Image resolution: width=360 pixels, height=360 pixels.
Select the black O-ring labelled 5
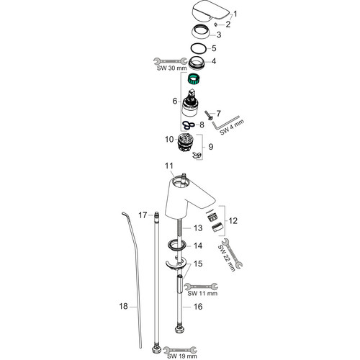(198, 48)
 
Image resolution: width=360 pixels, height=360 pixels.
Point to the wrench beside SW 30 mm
(170, 61)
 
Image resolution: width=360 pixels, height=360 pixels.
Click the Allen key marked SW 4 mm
(225, 123)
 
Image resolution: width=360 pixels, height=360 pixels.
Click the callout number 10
(169, 139)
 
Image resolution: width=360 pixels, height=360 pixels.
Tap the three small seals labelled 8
(189, 125)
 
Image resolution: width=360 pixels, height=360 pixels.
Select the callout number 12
(233, 220)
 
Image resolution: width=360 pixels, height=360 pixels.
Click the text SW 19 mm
(182, 356)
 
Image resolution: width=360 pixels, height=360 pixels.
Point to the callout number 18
(124, 306)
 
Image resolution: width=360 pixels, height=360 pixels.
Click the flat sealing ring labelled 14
(177, 246)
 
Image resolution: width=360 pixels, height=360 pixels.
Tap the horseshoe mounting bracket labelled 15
(176, 264)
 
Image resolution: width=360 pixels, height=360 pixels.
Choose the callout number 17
(143, 215)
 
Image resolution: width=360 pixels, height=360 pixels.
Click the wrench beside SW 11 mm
(201, 287)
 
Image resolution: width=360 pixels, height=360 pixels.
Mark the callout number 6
(175, 101)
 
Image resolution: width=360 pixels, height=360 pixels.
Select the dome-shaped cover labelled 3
(201, 32)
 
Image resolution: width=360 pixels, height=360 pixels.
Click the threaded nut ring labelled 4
(197, 63)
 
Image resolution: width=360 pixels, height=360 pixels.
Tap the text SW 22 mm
(227, 258)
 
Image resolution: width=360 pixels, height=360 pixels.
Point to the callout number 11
(169, 166)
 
